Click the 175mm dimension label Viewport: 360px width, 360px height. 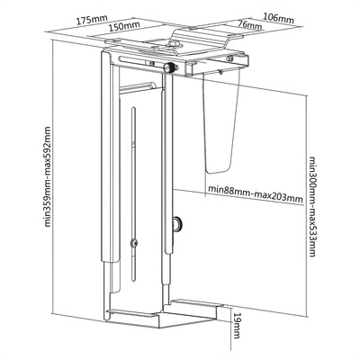tap(92, 20)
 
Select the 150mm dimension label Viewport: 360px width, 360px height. tap(124, 26)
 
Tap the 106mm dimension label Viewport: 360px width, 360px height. tap(278, 18)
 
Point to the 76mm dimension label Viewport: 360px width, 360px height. tap(249, 25)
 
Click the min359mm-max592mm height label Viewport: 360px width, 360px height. tap(48, 176)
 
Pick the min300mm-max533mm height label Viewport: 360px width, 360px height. tap(311, 207)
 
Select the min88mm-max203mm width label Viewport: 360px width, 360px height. tap(256, 193)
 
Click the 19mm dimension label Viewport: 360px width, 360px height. tap(237, 326)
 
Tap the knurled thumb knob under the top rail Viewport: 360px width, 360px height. tap(169, 67)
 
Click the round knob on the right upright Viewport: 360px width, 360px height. tap(178, 224)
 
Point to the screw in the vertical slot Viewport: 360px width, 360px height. tap(134, 243)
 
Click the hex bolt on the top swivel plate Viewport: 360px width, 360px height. tap(174, 44)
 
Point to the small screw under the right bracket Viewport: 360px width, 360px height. tap(220, 71)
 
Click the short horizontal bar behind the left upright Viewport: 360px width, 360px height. tap(138, 86)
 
